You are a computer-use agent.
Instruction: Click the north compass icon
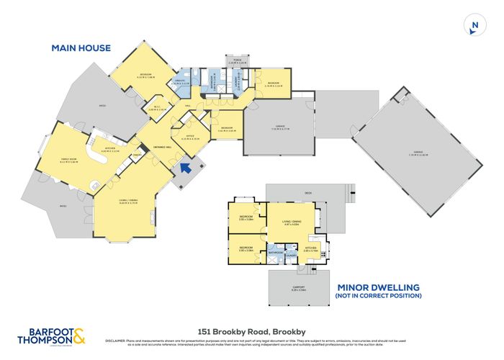(x=473, y=26)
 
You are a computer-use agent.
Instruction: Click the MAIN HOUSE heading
(x=81, y=48)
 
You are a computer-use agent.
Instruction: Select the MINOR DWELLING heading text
(x=377, y=287)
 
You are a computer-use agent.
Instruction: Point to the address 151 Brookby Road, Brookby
(x=251, y=325)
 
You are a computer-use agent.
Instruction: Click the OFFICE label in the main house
(x=191, y=135)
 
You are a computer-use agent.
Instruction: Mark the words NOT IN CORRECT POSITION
(x=377, y=296)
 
